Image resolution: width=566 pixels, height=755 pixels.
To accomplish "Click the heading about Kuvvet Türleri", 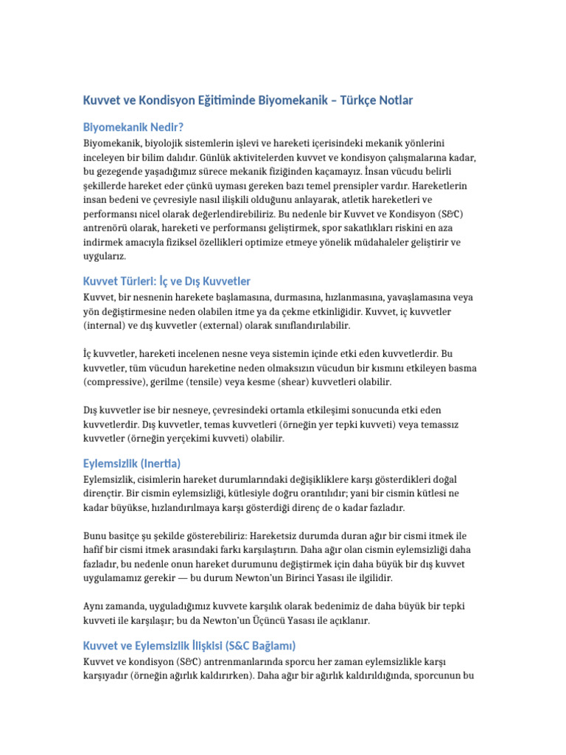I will click(167, 281).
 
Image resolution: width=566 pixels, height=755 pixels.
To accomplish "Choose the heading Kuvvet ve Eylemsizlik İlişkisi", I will click(189, 645).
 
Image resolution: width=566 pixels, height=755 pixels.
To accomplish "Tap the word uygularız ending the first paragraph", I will click(105, 256).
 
